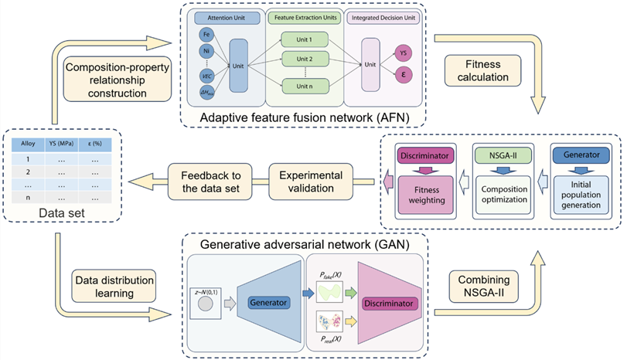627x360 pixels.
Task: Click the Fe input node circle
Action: click(206, 35)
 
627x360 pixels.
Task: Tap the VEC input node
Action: click(206, 76)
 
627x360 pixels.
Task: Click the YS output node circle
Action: click(403, 53)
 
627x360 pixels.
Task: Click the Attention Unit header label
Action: click(226, 15)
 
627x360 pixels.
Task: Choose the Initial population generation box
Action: click(577, 192)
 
